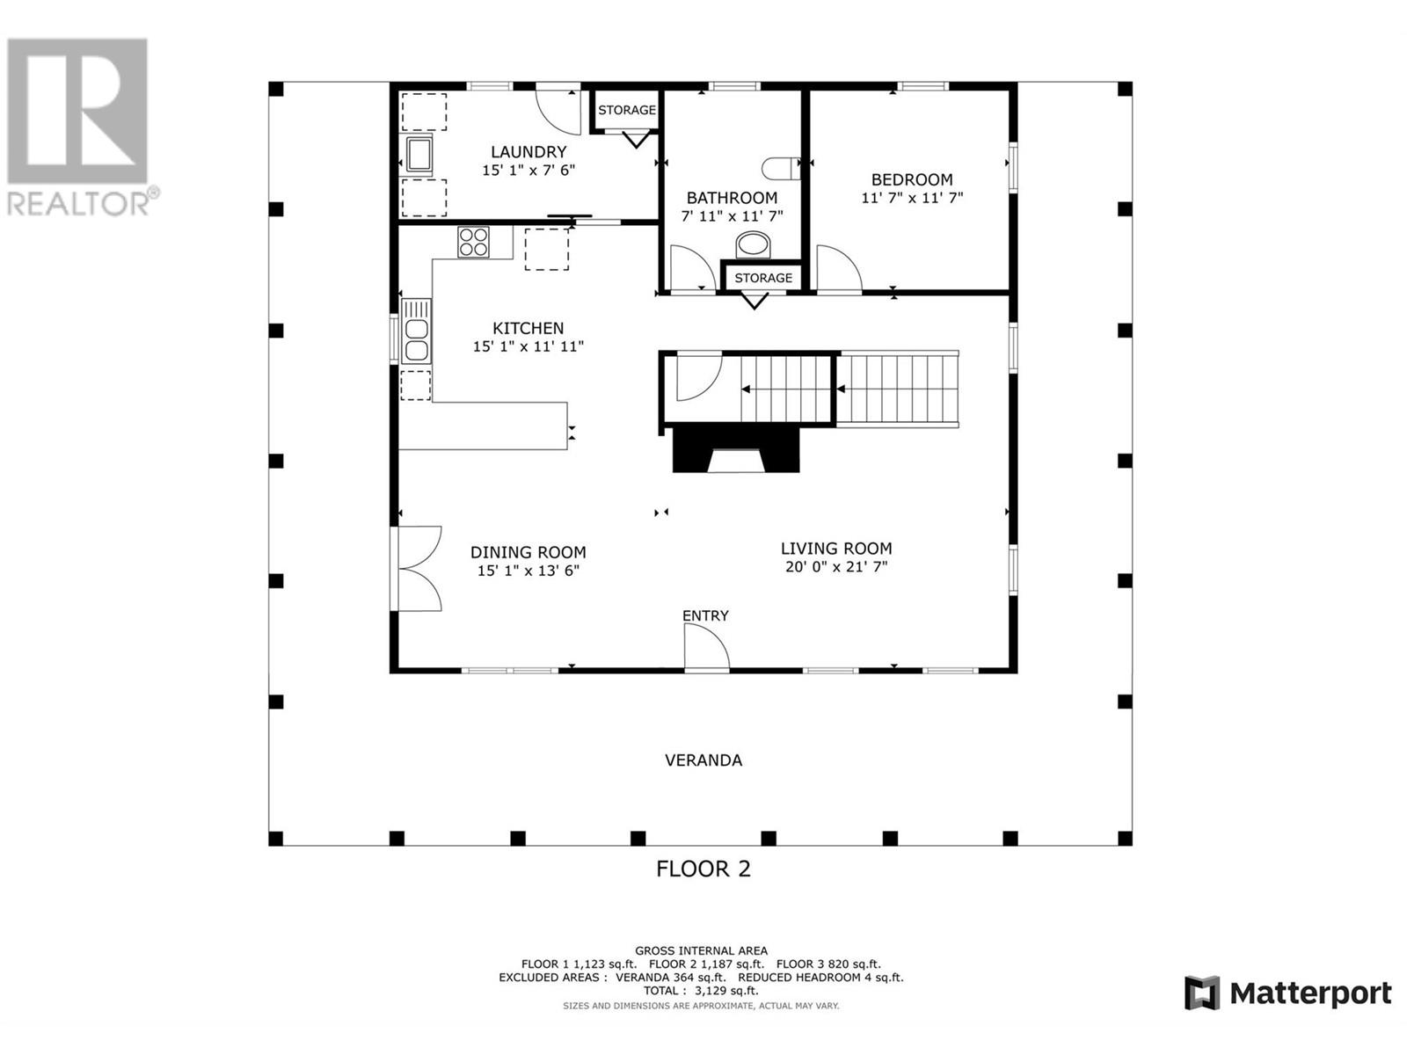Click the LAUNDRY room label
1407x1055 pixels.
(529, 152)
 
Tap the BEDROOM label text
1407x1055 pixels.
(912, 179)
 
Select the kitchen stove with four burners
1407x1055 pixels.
(473, 242)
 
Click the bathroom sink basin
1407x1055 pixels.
(753, 244)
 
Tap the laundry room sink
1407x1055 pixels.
(419, 155)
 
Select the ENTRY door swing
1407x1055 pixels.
(706, 647)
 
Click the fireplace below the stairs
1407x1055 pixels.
(736, 449)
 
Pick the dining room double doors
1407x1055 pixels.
(417, 569)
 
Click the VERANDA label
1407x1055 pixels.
(703, 760)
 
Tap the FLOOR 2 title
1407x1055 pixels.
(703, 869)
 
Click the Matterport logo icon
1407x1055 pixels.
(1202, 993)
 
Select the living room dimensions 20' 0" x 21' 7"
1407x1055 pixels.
(836, 566)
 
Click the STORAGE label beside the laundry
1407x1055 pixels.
(626, 110)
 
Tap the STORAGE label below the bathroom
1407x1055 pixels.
(762, 277)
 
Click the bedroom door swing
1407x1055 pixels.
(838, 269)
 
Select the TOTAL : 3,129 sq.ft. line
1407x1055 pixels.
(701, 990)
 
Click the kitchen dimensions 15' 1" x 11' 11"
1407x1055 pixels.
(529, 346)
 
